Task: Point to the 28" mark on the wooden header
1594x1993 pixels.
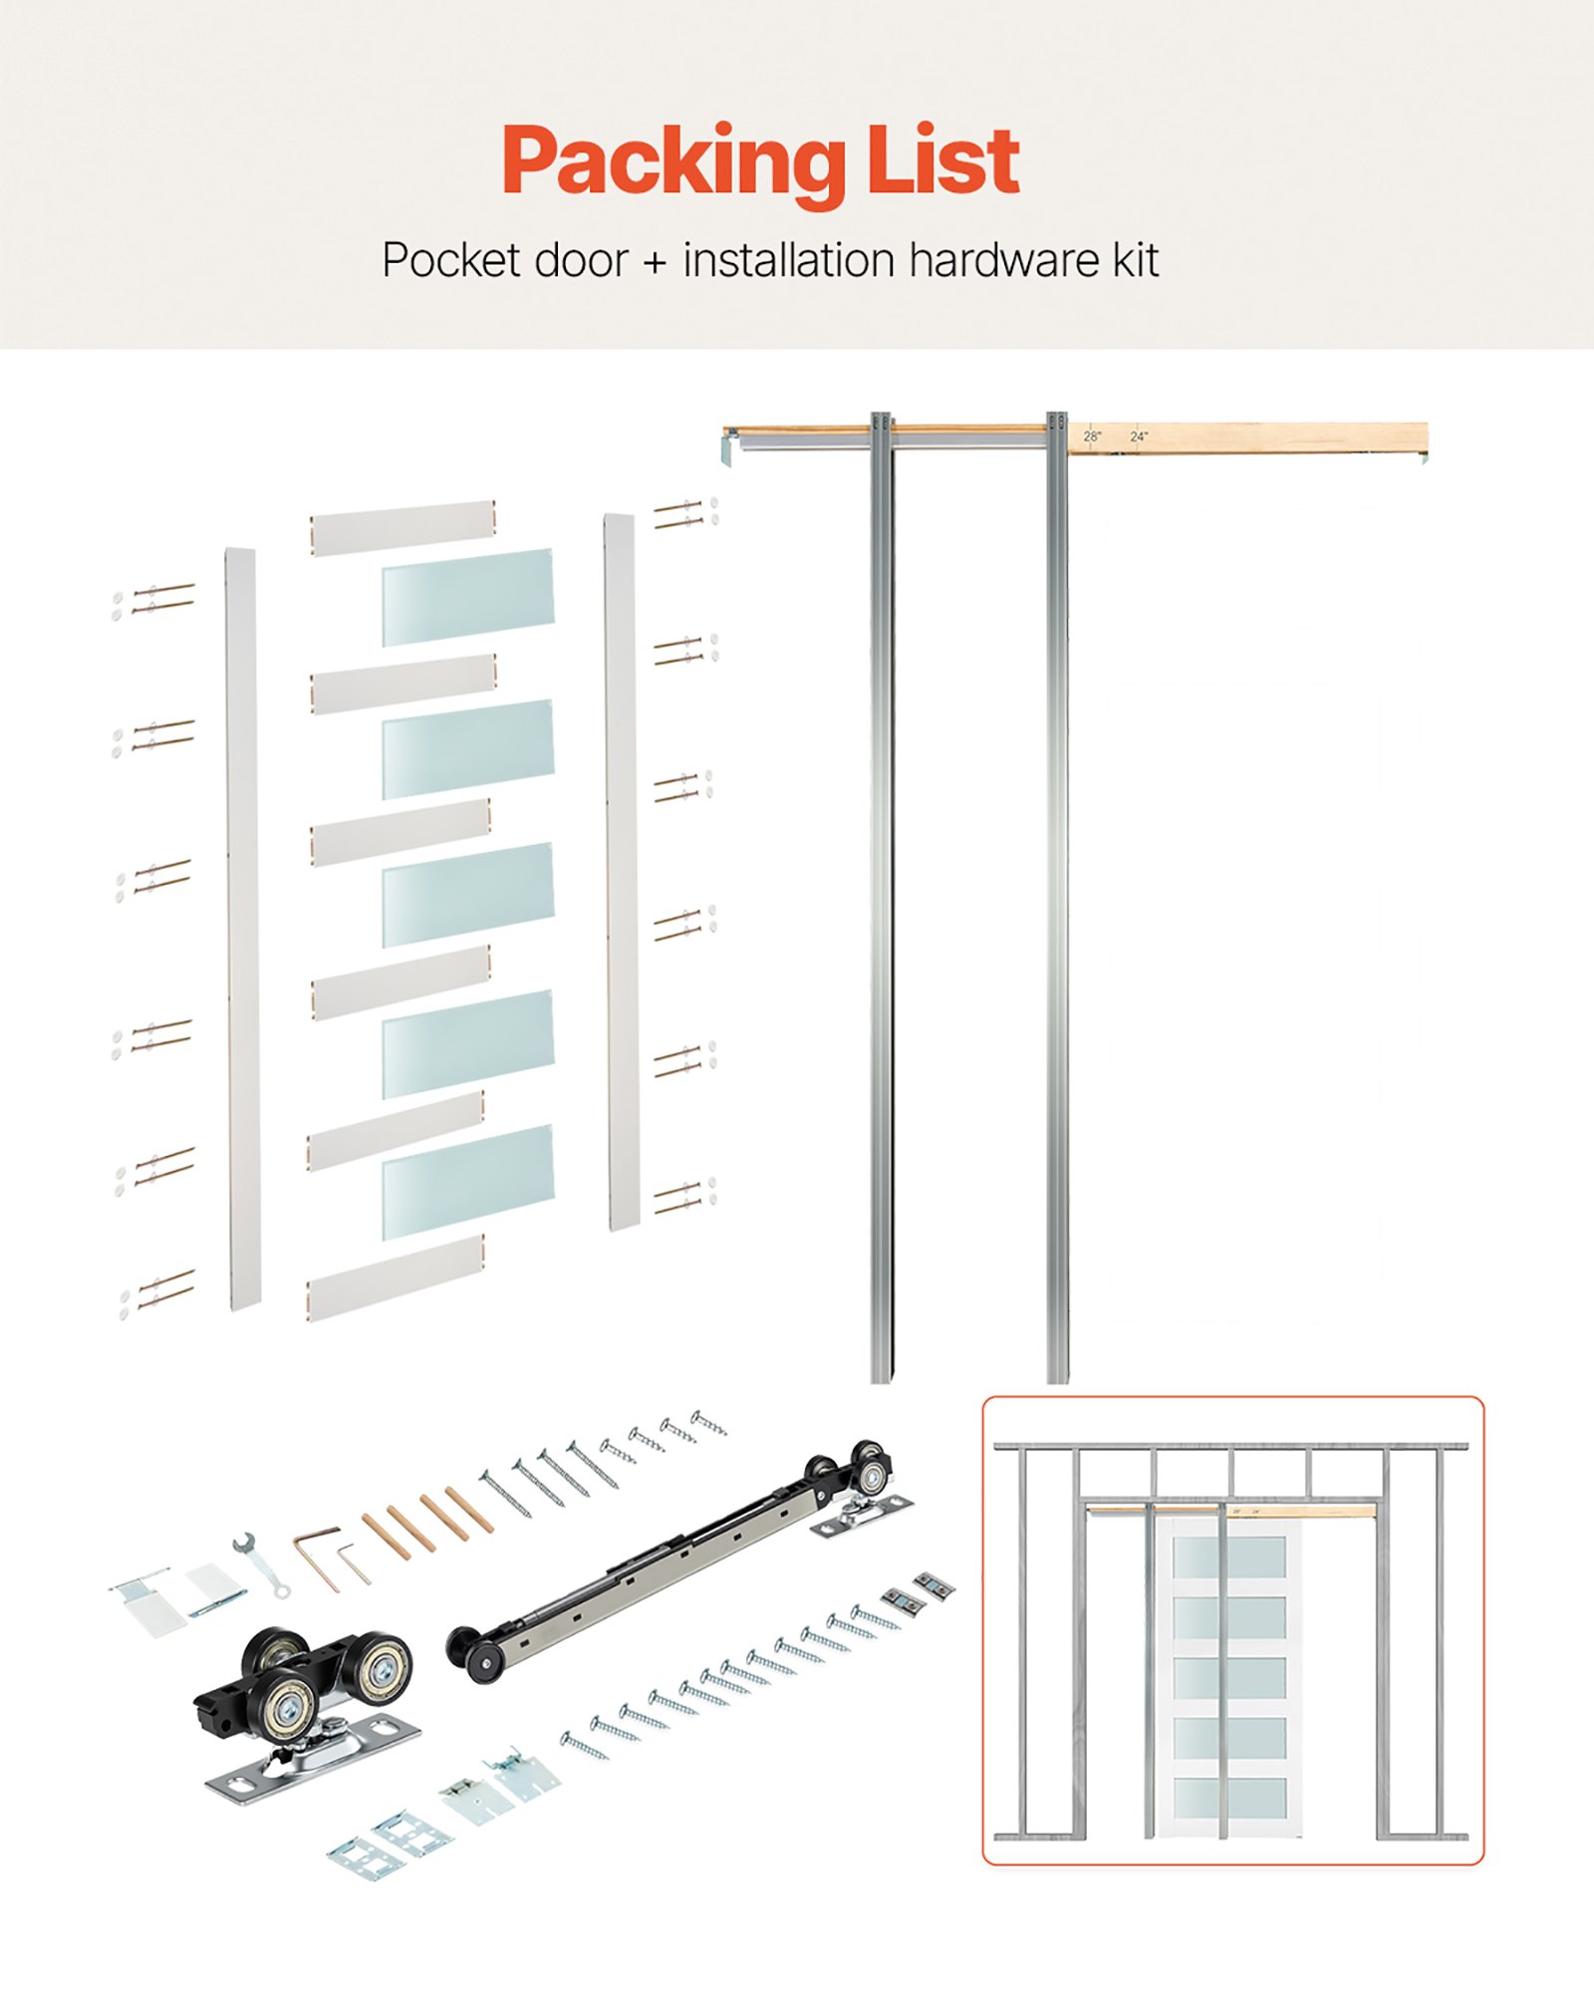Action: coord(1092,436)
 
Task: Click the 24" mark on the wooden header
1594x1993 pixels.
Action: coord(1139,436)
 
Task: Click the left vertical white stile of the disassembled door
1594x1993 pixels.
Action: coord(242,927)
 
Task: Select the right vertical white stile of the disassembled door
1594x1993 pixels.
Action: coord(620,872)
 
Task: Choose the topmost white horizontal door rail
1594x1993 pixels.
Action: coord(402,528)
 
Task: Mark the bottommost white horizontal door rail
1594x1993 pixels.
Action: coord(396,1279)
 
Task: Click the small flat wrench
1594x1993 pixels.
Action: coord(261,1566)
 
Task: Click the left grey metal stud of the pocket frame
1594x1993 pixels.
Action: coord(882,897)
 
